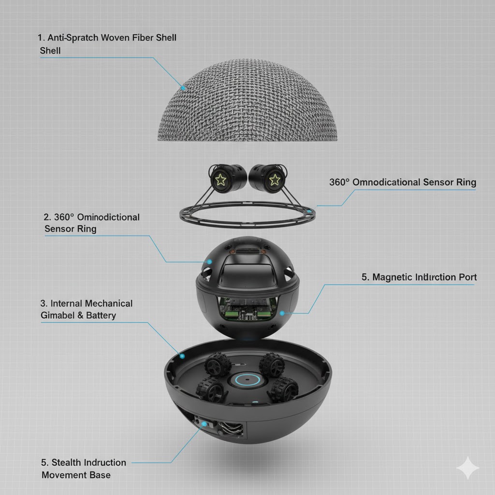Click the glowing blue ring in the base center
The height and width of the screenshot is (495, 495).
[247, 380]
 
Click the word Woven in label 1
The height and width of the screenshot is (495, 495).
[116, 38]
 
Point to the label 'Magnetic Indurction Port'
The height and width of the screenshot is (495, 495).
[419, 277]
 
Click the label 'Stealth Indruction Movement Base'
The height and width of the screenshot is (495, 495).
[84, 468]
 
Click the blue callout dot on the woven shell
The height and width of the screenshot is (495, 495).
[183, 88]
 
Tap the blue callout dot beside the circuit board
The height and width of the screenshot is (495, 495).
[282, 313]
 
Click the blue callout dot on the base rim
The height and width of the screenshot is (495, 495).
[182, 356]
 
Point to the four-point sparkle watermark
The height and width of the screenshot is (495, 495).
[468, 468]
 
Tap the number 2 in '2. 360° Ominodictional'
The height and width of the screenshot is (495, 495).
[47, 217]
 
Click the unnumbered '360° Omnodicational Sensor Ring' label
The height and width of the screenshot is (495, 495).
[403, 182]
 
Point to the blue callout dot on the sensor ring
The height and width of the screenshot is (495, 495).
[310, 211]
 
